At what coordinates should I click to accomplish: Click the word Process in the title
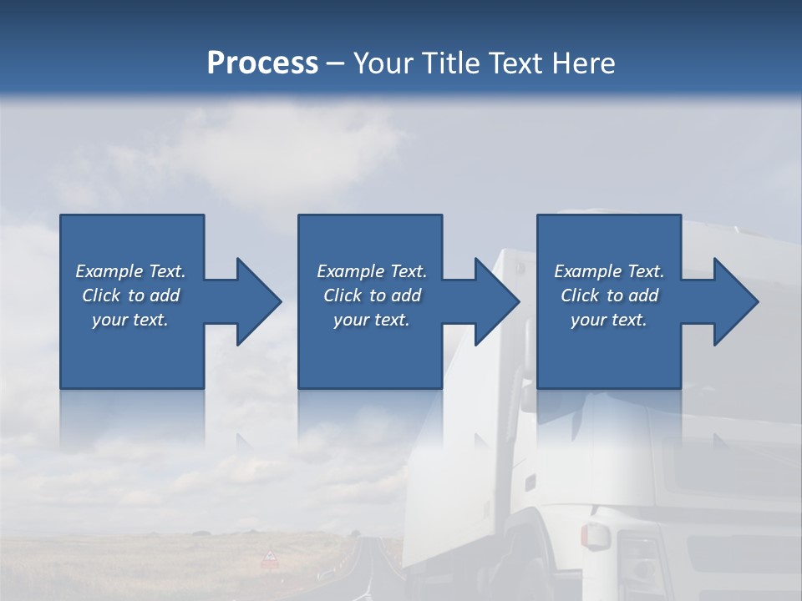(262, 63)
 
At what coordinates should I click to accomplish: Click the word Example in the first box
(109, 271)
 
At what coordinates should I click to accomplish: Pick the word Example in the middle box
(350, 271)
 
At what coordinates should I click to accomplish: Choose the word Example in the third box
(587, 271)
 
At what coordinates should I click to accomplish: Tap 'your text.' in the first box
(130, 320)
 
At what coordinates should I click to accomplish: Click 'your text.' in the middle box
(372, 320)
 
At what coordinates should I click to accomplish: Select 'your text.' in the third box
(609, 320)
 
